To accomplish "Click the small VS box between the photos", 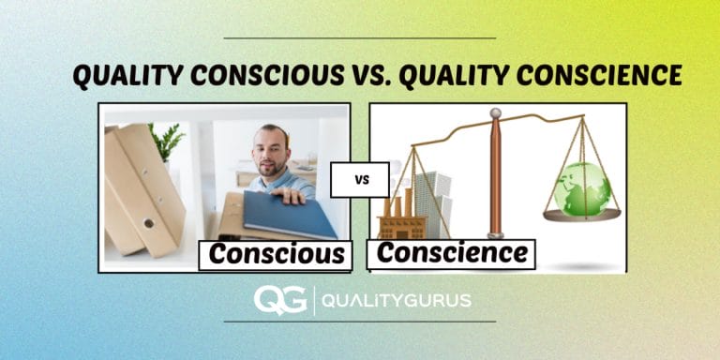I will tap(359, 179).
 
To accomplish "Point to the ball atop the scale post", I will tap(496, 113).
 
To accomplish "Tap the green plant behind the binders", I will tap(168, 141).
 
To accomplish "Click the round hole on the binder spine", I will tap(147, 223).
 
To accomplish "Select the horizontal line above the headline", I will tap(360, 38).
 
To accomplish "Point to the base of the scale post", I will tap(496, 233).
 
